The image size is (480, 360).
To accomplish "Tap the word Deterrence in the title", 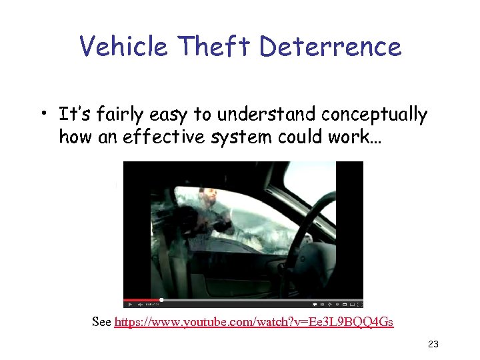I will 330,47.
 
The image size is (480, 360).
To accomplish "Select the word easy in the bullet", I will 167,115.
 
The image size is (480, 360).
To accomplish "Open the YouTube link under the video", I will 254,323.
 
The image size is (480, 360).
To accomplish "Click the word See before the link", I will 101,323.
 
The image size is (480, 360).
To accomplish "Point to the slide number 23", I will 433,345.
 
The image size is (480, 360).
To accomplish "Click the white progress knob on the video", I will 161,300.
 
